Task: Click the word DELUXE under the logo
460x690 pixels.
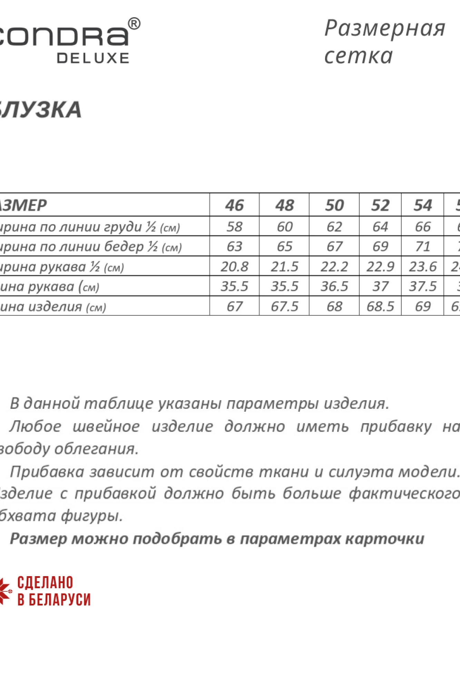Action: tap(93, 58)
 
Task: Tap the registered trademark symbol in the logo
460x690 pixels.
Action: tap(134, 24)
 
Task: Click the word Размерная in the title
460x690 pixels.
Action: tap(385, 28)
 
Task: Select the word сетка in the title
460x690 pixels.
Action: tap(359, 56)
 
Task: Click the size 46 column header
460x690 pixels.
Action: tap(235, 205)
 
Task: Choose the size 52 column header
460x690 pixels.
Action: tap(380, 205)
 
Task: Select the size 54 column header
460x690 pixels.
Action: tap(423, 205)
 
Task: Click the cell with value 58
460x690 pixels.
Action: tap(235, 227)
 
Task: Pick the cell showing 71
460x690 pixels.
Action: tap(423, 246)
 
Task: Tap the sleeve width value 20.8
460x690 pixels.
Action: tap(235, 266)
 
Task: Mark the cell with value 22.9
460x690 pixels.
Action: tap(380, 266)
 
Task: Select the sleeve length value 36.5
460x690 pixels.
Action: tap(334, 286)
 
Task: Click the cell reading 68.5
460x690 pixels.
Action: tap(380, 306)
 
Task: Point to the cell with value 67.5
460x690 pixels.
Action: tap(285, 306)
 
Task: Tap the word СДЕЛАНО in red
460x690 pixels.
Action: tap(45, 583)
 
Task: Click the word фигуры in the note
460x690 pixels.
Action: tap(92, 516)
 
